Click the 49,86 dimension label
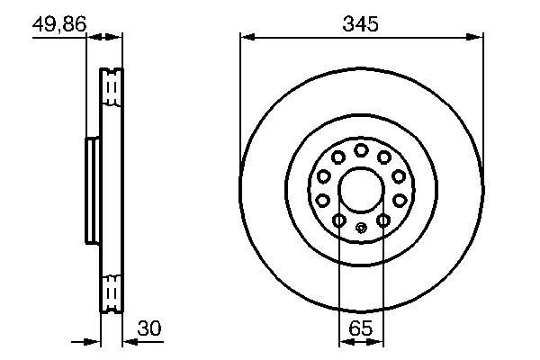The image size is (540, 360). click(x=58, y=24)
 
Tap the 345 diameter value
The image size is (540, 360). click(x=360, y=24)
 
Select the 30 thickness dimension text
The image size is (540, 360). click(x=148, y=330)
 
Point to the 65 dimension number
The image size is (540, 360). click(x=360, y=330)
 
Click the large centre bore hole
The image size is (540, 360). click(x=360, y=190)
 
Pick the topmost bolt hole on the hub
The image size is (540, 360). click(x=360, y=149)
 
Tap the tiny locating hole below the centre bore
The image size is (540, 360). click(x=361, y=227)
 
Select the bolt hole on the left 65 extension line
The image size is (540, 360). click(x=338, y=220)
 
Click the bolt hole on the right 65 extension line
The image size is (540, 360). click(x=382, y=220)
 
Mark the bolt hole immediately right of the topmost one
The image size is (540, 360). click(x=384, y=157)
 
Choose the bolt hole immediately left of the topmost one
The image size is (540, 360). click(x=337, y=157)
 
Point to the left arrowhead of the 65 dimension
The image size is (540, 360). click(x=344, y=342)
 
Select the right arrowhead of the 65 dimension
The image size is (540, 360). click(x=377, y=342)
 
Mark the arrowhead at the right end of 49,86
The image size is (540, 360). click(x=115, y=37)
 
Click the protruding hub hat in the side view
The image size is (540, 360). click(x=91, y=190)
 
